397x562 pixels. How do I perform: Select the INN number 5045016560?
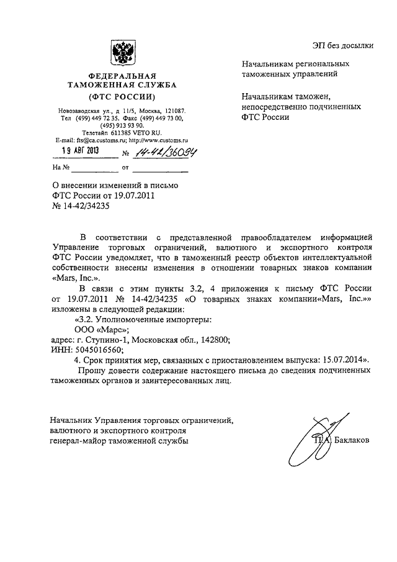[x=86, y=350]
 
